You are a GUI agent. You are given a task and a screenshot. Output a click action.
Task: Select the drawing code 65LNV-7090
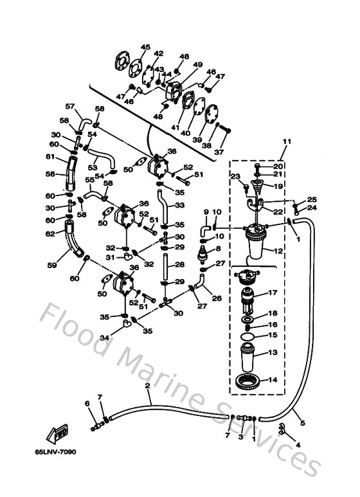tap(56, 452)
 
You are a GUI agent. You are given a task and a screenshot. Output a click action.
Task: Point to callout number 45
tap(145, 48)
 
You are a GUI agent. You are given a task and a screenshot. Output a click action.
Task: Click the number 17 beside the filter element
tap(272, 293)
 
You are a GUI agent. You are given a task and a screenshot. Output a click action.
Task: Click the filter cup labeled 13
tap(248, 354)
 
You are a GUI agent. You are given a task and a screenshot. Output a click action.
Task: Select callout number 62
tap(50, 234)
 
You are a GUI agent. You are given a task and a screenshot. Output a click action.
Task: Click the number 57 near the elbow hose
tap(70, 107)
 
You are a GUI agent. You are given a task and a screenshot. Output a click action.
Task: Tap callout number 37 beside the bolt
tap(219, 152)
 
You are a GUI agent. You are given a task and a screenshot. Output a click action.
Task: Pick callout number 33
tap(179, 206)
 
